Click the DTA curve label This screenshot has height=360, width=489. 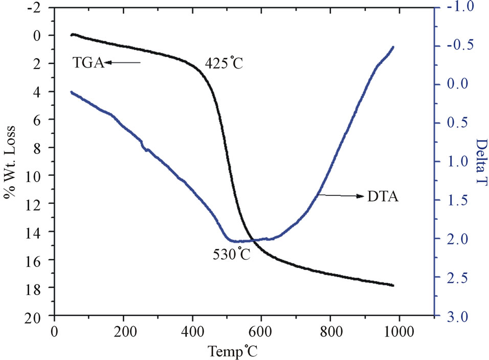tap(383, 196)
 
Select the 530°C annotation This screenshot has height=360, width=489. tap(232, 254)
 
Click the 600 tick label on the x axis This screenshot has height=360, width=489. tap(261, 331)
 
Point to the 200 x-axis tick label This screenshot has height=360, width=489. tap(124, 331)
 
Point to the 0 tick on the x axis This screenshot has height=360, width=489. tap(55, 331)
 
